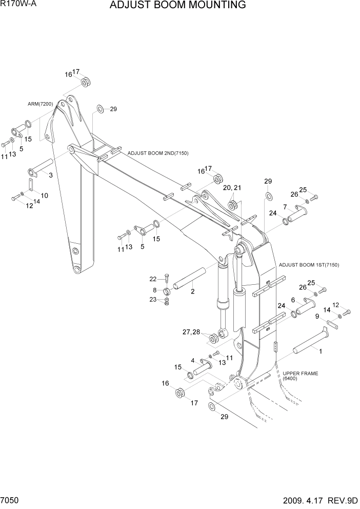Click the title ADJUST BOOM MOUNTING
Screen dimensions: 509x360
pos(177,6)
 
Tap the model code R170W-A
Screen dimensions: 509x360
pos(19,5)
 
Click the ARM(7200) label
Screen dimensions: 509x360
pos(41,104)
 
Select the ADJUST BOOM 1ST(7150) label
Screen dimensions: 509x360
pos(309,265)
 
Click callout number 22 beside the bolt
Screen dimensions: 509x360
pos(153,279)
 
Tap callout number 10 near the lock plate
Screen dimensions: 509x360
pos(45,195)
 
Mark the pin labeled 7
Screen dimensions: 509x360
pos(297,214)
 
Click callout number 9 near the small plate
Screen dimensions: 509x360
pos(317,316)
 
